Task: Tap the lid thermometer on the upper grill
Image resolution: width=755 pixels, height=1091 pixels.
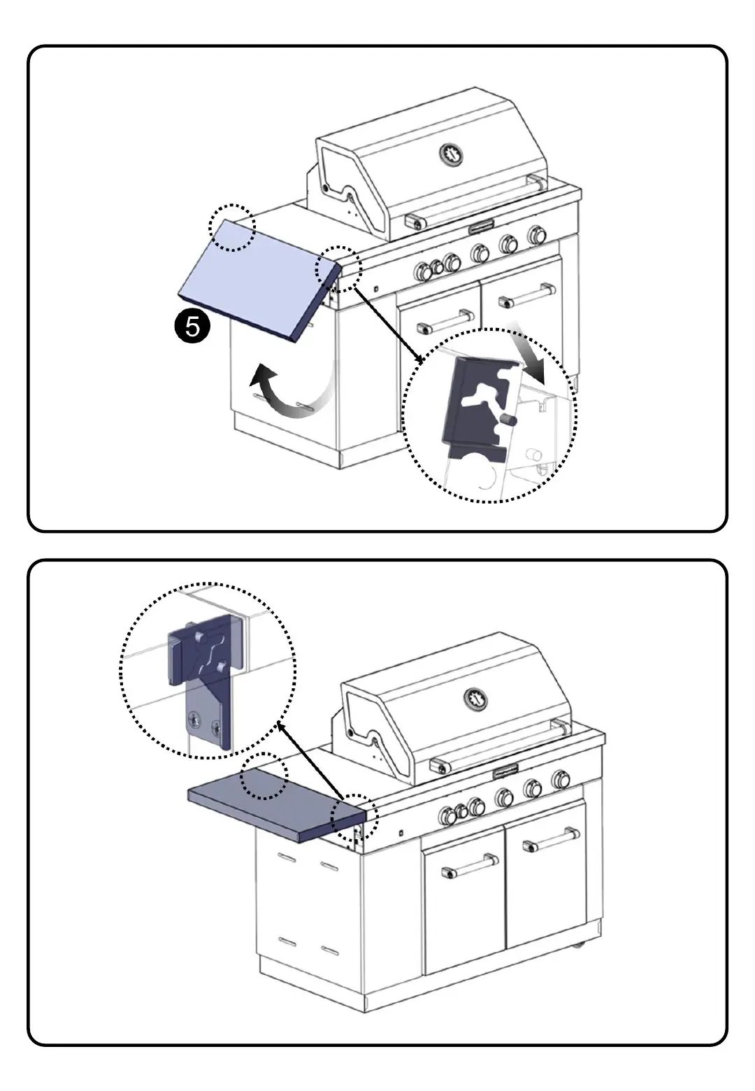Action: [x=452, y=154]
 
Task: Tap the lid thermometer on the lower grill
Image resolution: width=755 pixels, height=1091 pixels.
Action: [x=476, y=698]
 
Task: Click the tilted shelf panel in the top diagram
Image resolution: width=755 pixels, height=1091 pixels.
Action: [x=255, y=275]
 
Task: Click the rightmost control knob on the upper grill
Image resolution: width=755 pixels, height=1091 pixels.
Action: [x=537, y=234]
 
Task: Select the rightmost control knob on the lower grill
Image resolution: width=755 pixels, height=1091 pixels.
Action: [x=560, y=779]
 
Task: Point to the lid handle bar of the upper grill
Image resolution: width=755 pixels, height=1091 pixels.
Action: [x=475, y=202]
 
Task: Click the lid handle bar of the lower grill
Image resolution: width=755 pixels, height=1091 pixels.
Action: [x=499, y=747]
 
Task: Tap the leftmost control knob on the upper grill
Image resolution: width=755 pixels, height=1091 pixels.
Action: [x=422, y=271]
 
